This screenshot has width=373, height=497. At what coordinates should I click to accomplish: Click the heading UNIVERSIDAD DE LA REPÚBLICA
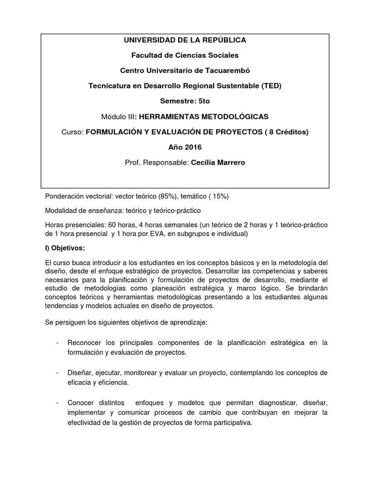point(185,40)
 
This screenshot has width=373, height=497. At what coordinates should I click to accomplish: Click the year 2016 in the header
point(192,147)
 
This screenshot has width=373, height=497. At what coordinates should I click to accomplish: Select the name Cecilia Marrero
point(218,163)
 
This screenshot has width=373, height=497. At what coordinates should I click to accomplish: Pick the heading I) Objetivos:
point(65,248)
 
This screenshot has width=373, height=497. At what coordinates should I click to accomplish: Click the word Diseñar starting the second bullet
point(81,373)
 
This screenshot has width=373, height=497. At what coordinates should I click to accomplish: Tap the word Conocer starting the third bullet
point(82,403)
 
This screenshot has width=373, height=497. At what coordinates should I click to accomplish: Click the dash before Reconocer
point(58,343)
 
